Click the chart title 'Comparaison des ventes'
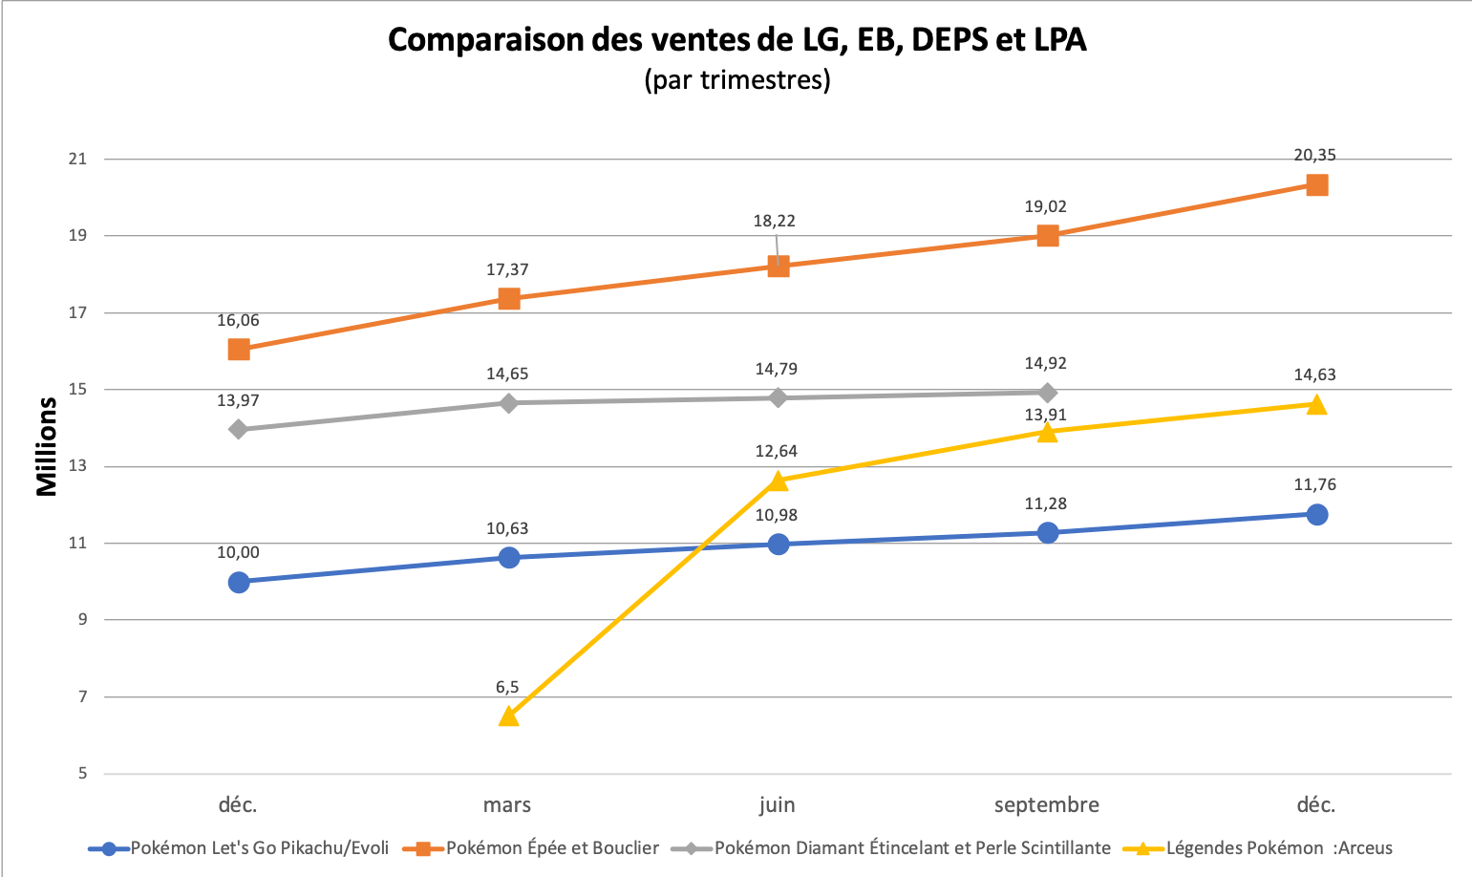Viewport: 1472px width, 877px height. [x=736, y=40]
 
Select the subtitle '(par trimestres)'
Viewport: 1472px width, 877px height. [x=736, y=79]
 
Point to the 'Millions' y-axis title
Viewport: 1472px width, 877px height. [x=47, y=446]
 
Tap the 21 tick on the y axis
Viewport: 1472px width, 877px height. [x=76, y=159]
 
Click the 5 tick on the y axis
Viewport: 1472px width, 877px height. [x=81, y=773]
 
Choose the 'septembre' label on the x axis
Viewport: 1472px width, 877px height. [x=1046, y=804]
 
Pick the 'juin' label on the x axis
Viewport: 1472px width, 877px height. [x=777, y=804]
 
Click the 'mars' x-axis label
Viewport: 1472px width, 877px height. [x=507, y=804]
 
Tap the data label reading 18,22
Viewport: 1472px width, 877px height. [x=774, y=221]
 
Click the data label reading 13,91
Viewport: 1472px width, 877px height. [x=1045, y=415]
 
